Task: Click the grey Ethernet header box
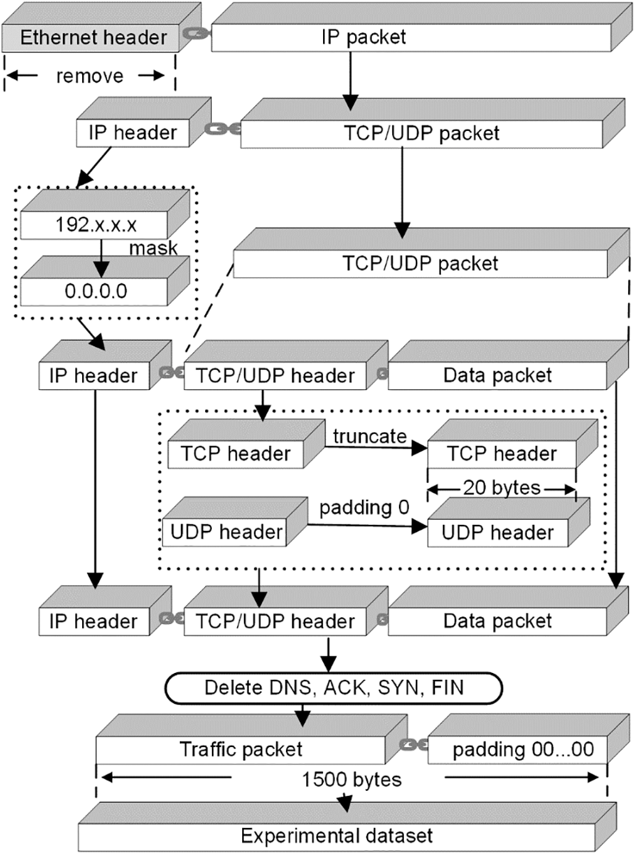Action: coord(93,38)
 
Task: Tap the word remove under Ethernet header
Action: coord(90,76)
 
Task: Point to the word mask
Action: coord(153,248)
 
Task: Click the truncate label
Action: coord(369,436)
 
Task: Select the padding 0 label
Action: coord(364,507)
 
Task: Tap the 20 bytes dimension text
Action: coord(502,488)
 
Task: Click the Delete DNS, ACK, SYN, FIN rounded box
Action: coord(334,688)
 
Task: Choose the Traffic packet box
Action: coord(241,749)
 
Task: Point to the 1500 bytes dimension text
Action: coord(351,780)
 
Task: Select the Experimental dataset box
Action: coord(337,836)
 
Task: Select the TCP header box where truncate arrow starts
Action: coord(235,454)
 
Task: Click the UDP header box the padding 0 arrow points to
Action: coord(497,532)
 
